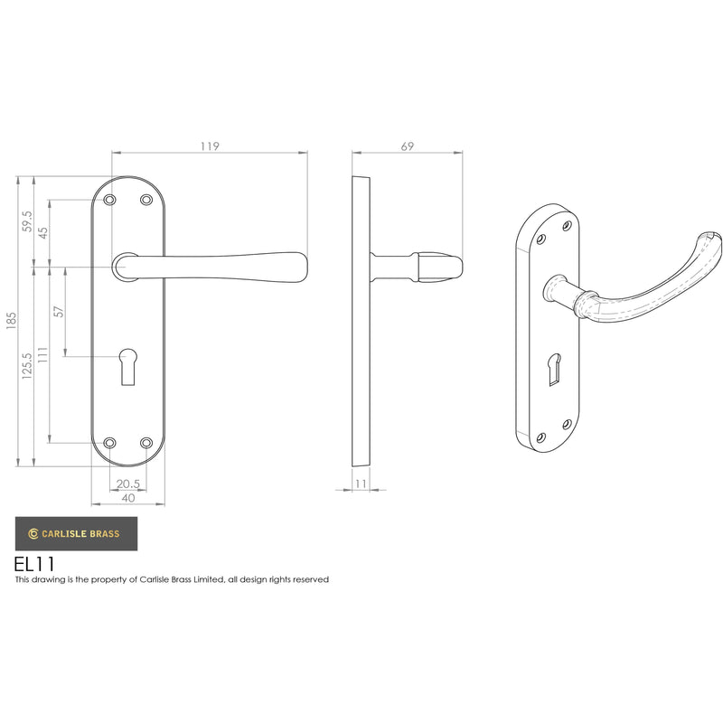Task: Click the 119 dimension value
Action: pyautogui.click(x=210, y=146)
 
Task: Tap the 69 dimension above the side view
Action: pyautogui.click(x=408, y=146)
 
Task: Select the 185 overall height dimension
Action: pyautogui.click(x=11, y=321)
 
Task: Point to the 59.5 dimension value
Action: pyautogui.click(x=27, y=221)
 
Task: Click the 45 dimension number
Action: pyautogui.click(x=42, y=233)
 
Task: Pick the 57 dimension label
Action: pyautogui.click(x=59, y=312)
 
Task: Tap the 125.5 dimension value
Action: pyautogui.click(x=27, y=366)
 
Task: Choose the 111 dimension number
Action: pyautogui.click(x=42, y=355)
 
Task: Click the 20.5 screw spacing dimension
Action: pyautogui.click(x=127, y=484)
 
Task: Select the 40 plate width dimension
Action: pyautogui.click(x=128, y=498)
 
